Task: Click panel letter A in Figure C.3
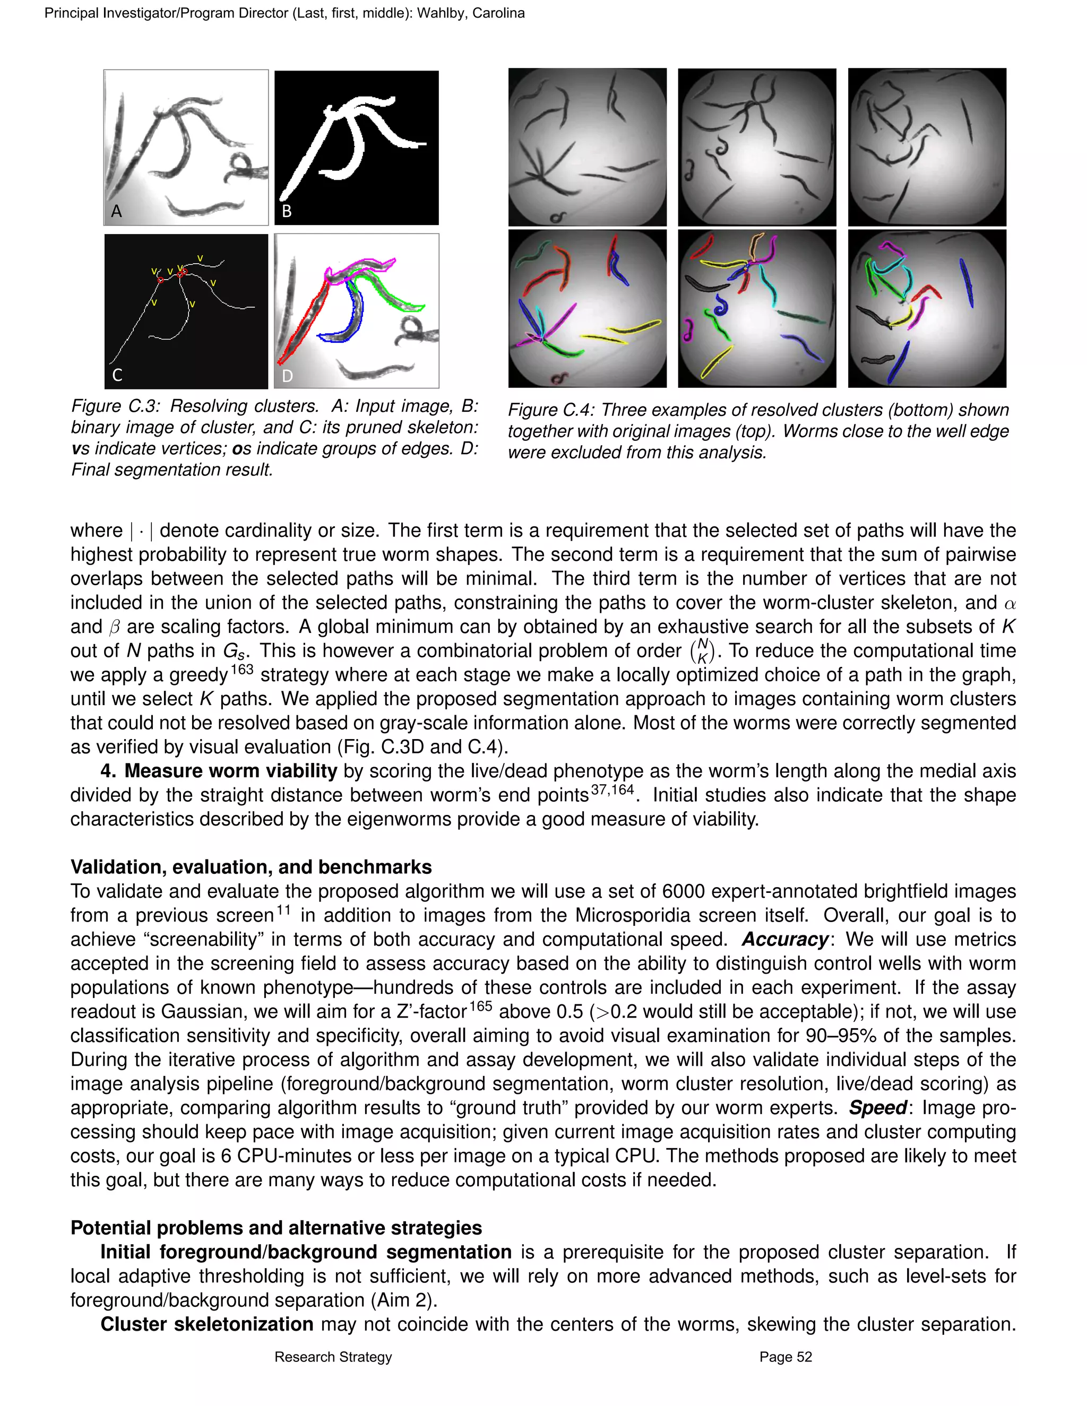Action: click(x=117, y=211)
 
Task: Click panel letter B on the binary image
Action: click(x=287, y=211)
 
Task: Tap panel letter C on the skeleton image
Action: click(x=117, y=375)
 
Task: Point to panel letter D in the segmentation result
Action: click(x=287, y=376)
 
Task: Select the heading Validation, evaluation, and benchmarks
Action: click(x=251, y=866)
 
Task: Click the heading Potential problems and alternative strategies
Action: click(x=275, y=1228)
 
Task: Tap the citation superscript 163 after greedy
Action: click(x=241, y=670)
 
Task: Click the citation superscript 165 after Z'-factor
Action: click(x=480, y=1006)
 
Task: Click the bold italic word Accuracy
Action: click(x=784, y=939)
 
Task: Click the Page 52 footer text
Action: click(x=786, y=1357)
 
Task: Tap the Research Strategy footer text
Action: click(x=333, y=1357)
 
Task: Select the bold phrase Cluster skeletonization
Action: click(x=206, y=1324)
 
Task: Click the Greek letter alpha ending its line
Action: click(x=1009, y=603)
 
